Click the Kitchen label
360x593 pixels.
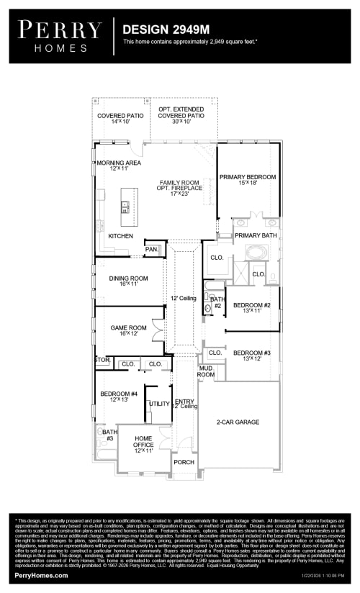[x=120, y=236]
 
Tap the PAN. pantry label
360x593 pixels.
[x=152, y=249]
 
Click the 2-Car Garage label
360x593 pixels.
[x=238, y=422]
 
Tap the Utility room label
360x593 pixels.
[x=158, y=404]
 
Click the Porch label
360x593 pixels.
[x=184, y=462]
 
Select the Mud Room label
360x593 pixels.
[x=206, y=371]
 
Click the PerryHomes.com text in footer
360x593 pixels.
[x=41, y=576]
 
